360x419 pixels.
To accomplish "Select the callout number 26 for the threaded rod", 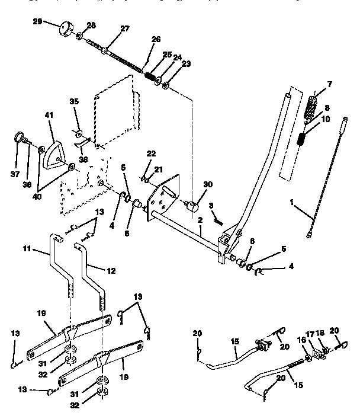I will pyautogui.click(x=156, y=40).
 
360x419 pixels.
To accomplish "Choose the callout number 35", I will pyautogui.click(x=74, y=102).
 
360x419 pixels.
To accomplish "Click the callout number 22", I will pyautogui.click(x=151, y=154).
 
